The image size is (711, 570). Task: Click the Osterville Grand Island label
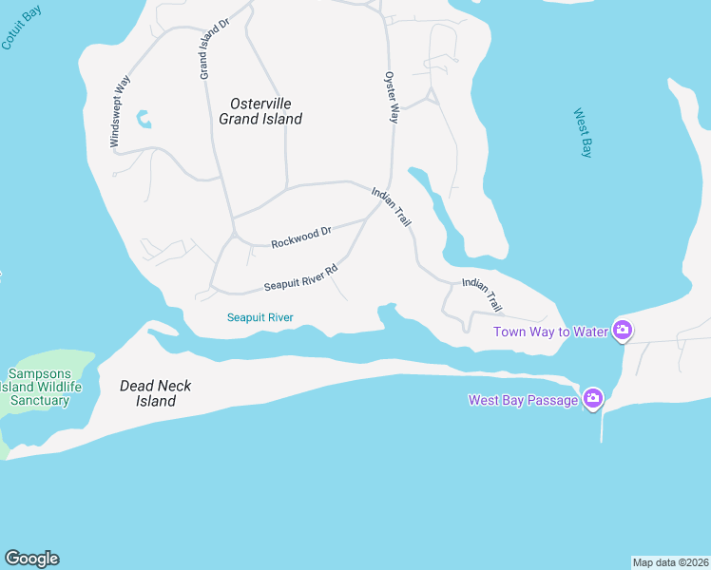[260, 111]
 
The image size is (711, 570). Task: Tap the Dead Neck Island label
[155, 393]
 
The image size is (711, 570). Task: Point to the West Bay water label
[584, 133]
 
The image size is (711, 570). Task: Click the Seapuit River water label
[260, 317]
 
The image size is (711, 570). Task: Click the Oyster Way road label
[391, 97]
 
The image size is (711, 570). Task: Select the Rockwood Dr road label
[300, 237]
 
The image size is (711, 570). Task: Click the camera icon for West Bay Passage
[593, 399]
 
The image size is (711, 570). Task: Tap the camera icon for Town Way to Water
[623, 331]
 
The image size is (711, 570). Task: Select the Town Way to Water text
[550, 332]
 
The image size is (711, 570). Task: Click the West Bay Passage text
[523, 400]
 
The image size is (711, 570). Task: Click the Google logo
[31, 559]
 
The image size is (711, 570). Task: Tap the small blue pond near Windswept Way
[144, 119]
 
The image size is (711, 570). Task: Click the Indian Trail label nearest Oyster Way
[392, 206]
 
